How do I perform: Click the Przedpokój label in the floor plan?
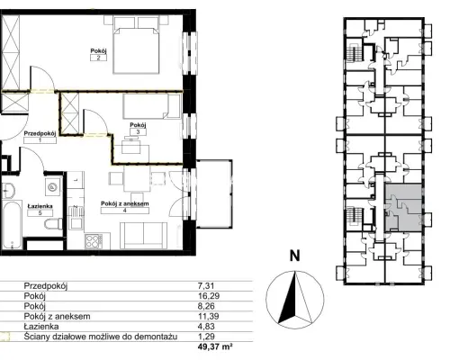(x=40, y=133)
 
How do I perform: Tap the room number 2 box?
(x=98, y=58)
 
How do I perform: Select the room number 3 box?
(x=138, y=131)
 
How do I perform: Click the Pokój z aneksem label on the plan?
(x=125, y=203)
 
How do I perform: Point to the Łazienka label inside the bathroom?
(x=40, y=206)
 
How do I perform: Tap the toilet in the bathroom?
(x=54, y=224)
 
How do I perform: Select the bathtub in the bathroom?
(x=12, y=225)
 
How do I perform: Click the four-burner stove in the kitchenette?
(x=94, y=241)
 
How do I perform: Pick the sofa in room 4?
(x=144, y=236)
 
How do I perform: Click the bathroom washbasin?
(x=8, y=191)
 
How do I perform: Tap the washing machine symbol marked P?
(x=53, y=187)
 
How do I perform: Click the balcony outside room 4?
(x=214, y=193)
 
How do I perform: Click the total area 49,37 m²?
(x=215, y=347)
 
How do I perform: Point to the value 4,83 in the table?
(x=206, y=327)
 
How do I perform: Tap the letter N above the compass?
(x=295, y=256)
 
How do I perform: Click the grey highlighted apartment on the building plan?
(x=403, y=208)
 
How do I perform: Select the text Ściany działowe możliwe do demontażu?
(x=101, y=337)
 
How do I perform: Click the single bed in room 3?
(x=151, y=106)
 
